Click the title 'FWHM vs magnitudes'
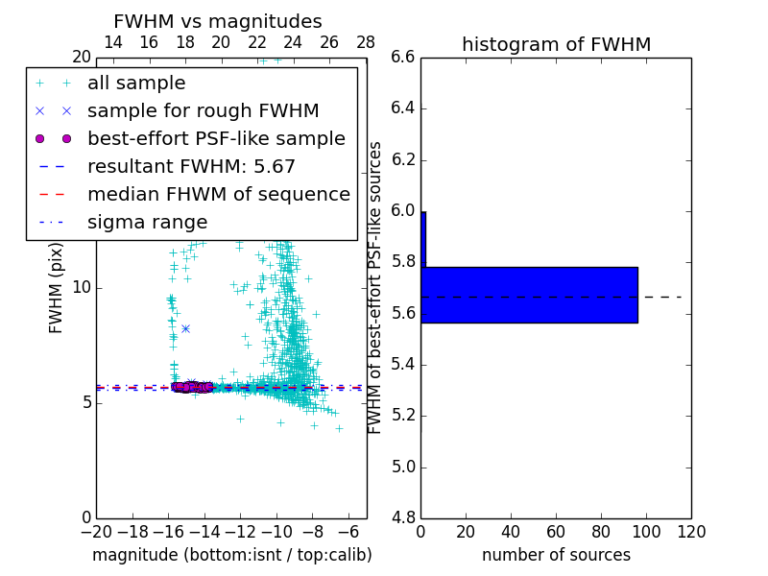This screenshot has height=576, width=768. pyautogui.click(x=217, y=21)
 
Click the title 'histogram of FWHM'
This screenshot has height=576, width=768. pyautogui.click(x=556, y=44)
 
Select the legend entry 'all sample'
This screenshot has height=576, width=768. pyautogui.click(x=136, y=84)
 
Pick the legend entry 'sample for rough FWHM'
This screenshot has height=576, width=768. pyautogui.click(x=204, y=110)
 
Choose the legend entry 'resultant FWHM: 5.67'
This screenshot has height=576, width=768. pyautogui.click(x=191, y=166)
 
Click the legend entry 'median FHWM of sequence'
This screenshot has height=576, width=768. pyautogui.click(x=219, y=194)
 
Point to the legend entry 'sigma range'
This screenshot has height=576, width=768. pyautogui.click(x=147, y=222)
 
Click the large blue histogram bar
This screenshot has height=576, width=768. pyautogui.click(x=529, y=295)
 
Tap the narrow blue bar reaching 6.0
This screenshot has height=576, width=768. pyautogui.click(x=423, y=239)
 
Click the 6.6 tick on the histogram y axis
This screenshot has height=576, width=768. pyautogui.click(x=403, y=57)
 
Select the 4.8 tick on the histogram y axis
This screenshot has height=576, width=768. pyautogui.click(x=403, y=517)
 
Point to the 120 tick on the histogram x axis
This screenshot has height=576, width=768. pyautogui.click(x=691, y=531)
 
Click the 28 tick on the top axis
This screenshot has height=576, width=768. pyautogui.click(x=366, y=42)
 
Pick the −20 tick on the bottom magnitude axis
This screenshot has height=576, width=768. pyautogui.click(x=96, y=531)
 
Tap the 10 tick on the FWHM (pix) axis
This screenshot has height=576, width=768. pyautogui.click(x=81, y=287)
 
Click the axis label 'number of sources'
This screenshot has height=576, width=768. pyautogui.click(x=556, y=555)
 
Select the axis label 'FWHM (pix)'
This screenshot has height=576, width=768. pyautogui.click(x=57, y=287)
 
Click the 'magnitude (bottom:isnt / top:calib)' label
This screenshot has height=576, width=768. pyautogui.click(x=231, y=555)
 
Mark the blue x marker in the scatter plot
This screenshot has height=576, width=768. pyautogui.click(x=185, y=328)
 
